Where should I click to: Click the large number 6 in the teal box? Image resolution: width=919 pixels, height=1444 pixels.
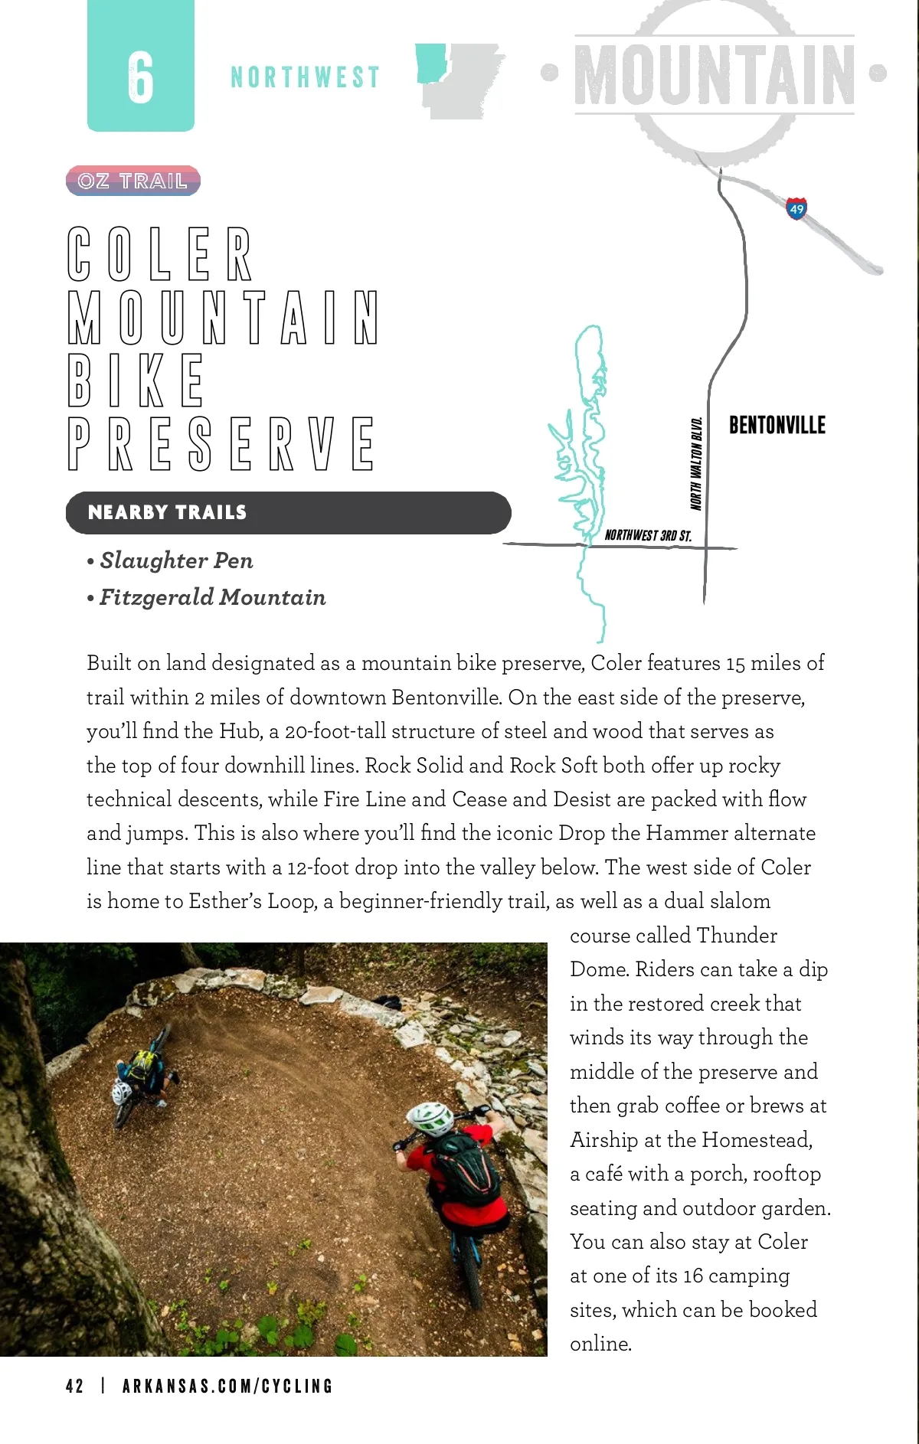pyautogui.click(x=141, y=77)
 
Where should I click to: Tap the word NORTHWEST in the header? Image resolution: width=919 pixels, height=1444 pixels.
pyautogui.click(x=305, y=77)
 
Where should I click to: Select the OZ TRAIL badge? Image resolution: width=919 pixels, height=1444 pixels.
pyautogui.click(x=132, y=181)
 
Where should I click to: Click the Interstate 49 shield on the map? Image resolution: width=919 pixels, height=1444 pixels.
pyautogui.click(x=796, y=208)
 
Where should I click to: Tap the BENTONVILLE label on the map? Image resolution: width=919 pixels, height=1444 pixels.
pyautogui.click(x=777, y=425)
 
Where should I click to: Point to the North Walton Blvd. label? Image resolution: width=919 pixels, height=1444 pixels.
pyautogui.click(x=696, y=463)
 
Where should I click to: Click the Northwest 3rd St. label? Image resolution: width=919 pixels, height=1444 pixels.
pyautogui.click(x=648, y=535)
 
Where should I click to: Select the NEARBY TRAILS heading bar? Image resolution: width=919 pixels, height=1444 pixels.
pyautogui.click(x=288, y=512)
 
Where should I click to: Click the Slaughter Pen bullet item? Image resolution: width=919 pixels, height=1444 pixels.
pyautogui.click(x=176, y=560)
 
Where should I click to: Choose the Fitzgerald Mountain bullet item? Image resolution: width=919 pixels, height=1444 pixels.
pyautogui.click(x=212, y=597)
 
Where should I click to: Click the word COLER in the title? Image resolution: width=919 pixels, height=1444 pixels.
pyautogui.click(x=160, y=254)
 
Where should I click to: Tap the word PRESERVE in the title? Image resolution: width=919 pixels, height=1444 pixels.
pyautogui.click(x=221, y=443)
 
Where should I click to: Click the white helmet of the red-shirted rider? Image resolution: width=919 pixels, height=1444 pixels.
pyautogui.click(x=430, y=1117)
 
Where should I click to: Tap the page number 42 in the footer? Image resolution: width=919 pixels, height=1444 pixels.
pyautogui.click(x=74, y=1386)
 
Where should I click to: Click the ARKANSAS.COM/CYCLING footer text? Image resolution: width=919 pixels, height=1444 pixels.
pyautogui.click(x=227, y=1386)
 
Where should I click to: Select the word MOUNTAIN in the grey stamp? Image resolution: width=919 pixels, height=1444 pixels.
pyautogui.click(x=714, y=74)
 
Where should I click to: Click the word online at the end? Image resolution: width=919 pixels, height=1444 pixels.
pyautogui.click(x=600, y=1344)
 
